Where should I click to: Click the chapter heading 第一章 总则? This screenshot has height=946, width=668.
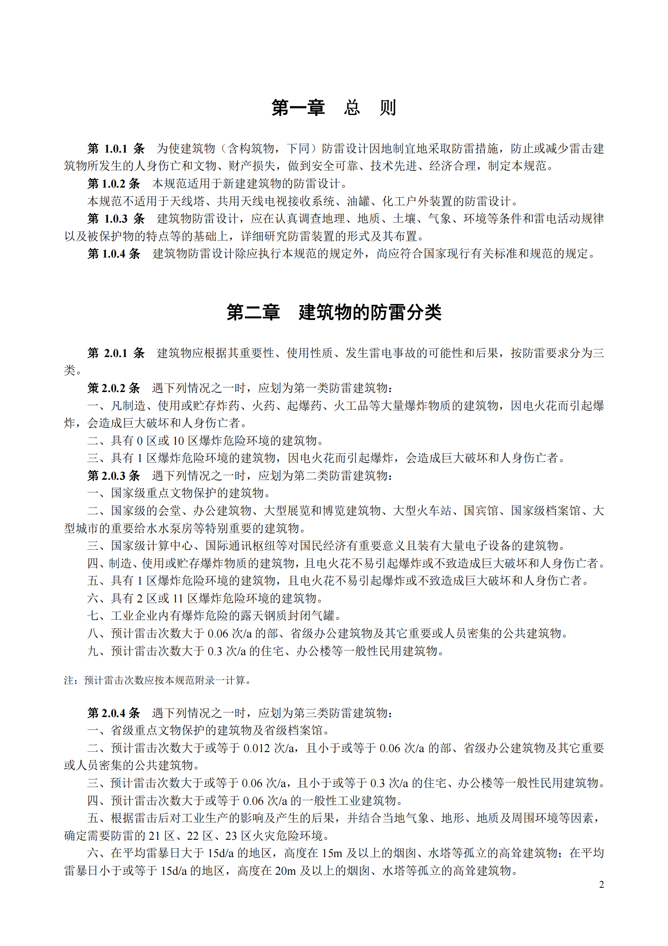tap(333, 108)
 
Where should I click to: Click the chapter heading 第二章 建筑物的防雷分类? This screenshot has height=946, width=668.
tap(333, 312)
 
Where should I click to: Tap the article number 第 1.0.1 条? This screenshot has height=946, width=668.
tap(116, 148)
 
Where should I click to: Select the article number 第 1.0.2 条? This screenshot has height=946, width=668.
tap(113, 183)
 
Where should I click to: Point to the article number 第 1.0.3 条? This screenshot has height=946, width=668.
tap(116, 218)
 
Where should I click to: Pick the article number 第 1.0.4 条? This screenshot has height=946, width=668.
tap(113, 253)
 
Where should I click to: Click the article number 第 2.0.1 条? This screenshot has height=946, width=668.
tap(116, 353)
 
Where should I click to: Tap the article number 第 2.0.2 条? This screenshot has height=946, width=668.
tap(113, 388)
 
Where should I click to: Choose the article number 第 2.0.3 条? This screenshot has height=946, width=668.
tap(113, 476)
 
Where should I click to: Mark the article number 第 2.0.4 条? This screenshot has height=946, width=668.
tap(113, 713)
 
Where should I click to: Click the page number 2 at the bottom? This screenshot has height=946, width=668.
tap(601, 884)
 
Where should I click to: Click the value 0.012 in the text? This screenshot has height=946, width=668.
tap(256, 748)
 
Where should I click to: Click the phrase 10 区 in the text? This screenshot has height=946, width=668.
tap(185, 441)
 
